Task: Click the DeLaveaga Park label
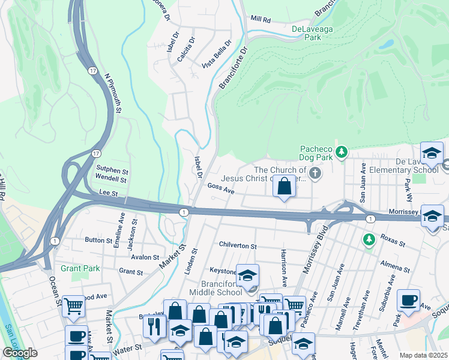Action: [x=306, y=32]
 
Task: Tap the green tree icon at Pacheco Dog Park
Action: [x=342, y=151]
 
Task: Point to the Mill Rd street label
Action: [x=261, y=20]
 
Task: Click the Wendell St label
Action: [x=111, y=179]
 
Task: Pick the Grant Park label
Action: [x=80, y=268]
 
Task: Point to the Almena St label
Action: [x=394, y=266]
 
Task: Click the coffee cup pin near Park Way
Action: [x=408, y=301]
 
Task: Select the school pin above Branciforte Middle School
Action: [x=247, y=276]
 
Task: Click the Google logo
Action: [x=20, y=353]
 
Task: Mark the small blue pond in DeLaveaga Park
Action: [x=387, y=44]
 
